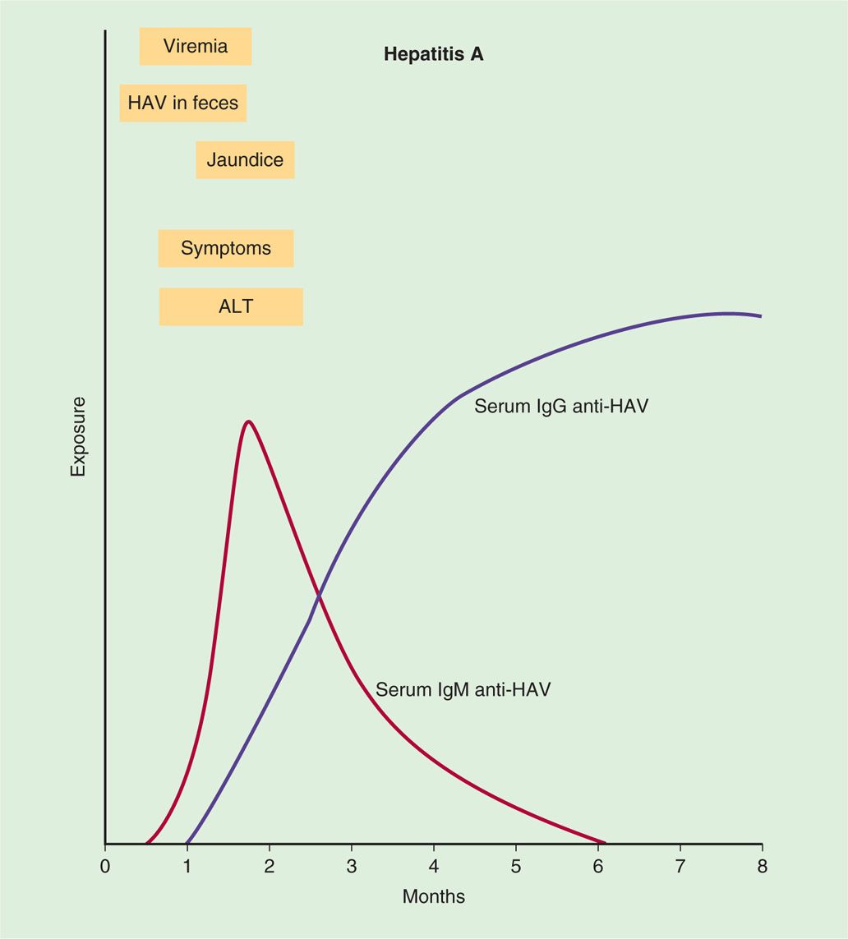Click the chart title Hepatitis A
433,55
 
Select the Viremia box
196,46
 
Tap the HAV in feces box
183,104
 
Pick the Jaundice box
245,159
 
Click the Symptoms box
226,248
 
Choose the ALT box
231,307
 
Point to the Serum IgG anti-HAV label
561,406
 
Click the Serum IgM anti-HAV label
463,690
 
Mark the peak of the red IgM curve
248,421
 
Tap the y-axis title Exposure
78,436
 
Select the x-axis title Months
433,896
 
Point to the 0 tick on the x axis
105,866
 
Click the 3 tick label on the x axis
352,866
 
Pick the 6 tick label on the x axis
598,866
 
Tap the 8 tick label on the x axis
762,866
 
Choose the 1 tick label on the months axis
187,866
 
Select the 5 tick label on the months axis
516,866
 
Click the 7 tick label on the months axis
680,866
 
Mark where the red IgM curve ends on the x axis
605,843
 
